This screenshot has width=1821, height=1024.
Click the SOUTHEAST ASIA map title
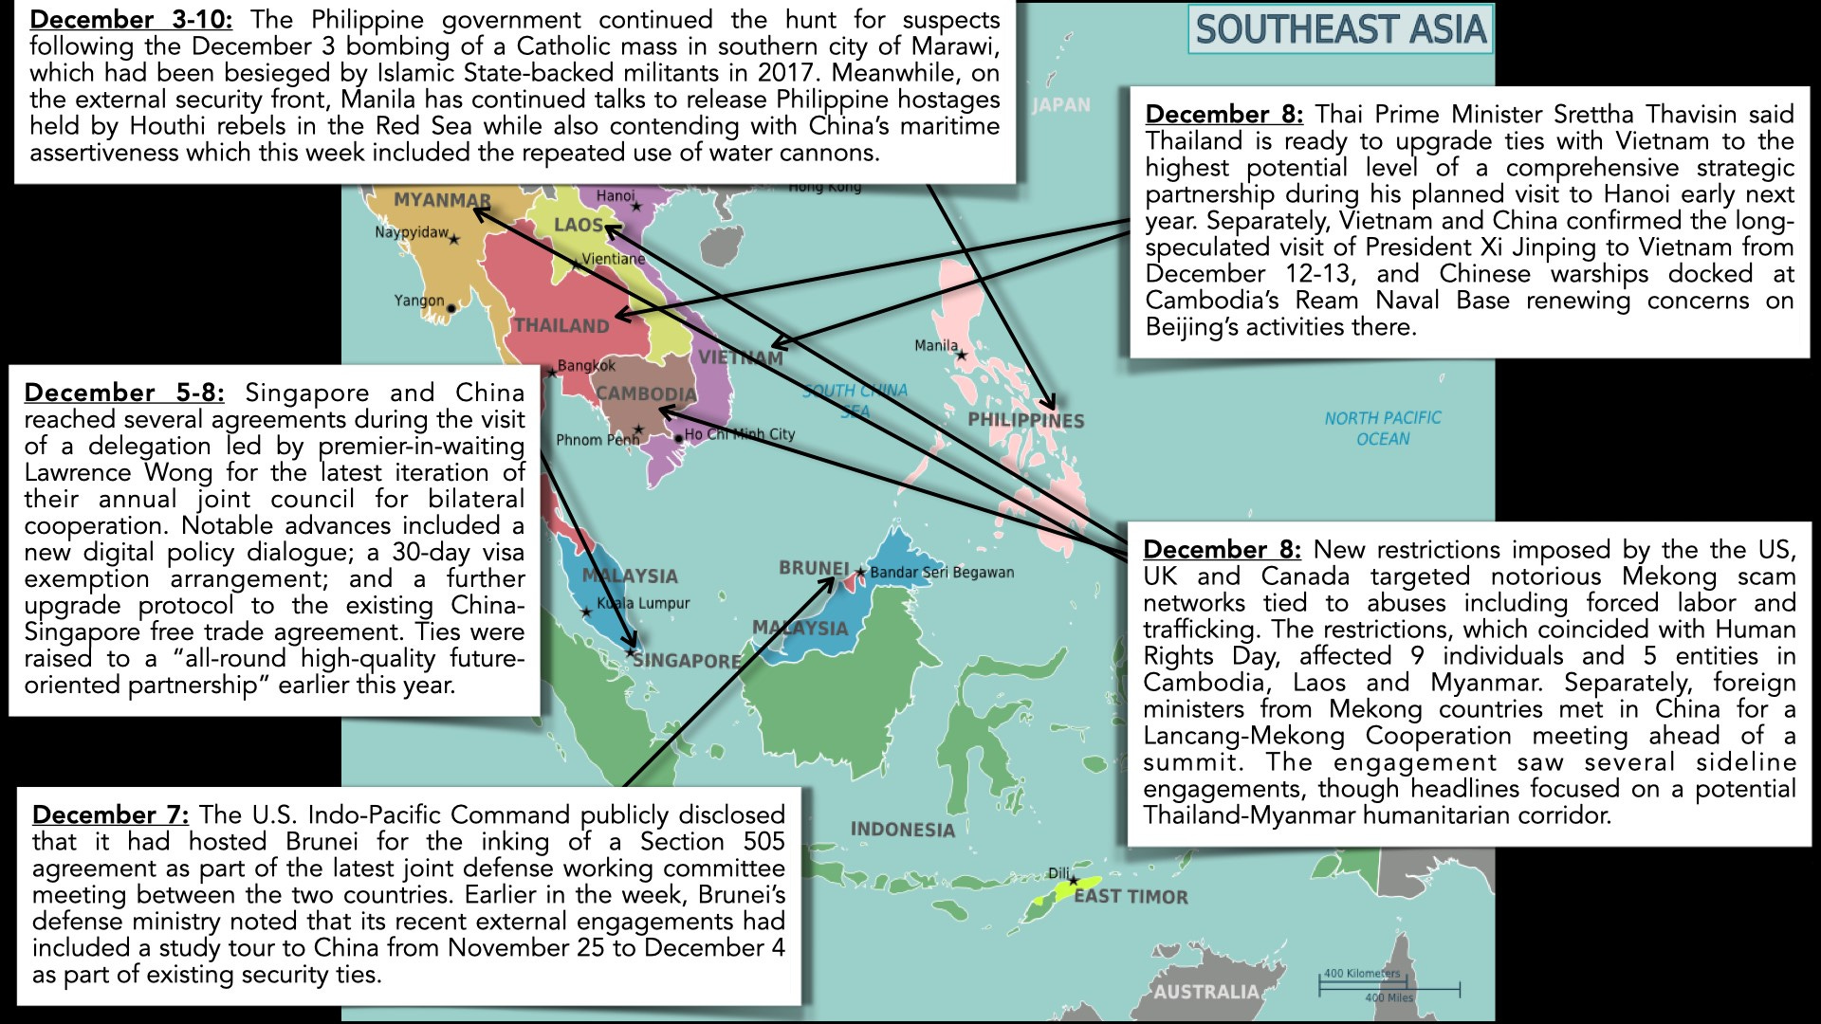pos(1339,30)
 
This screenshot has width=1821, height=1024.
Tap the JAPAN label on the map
pos(1061,105)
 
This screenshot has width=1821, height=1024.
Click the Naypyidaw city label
pos(411,232)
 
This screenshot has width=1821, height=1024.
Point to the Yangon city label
pos(419,301)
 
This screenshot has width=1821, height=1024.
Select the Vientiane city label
pos(613,259)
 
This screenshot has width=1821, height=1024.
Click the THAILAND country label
pos(561,326)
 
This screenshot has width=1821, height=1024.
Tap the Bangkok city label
pos(586,366)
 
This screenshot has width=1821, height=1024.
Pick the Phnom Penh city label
pos(598,440)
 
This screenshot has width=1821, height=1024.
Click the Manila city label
pos(935,346)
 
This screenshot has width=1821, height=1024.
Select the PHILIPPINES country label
pos(1025,420)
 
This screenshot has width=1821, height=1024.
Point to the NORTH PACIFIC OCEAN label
pos(1383,428)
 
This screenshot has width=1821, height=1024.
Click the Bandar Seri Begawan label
pos(942,573)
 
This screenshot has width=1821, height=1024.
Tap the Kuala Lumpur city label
pos(643,603)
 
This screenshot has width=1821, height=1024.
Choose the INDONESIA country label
pos(902,830)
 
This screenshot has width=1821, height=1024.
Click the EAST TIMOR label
pos(1131,897)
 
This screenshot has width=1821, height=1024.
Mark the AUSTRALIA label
pos(1205,992)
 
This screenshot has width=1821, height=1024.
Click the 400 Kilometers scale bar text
pos(1362,974)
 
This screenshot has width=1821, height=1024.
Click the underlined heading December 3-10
pos(131,20)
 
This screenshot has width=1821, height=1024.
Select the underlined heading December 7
pos(110,815)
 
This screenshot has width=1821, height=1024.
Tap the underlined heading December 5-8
pos(124,393)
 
